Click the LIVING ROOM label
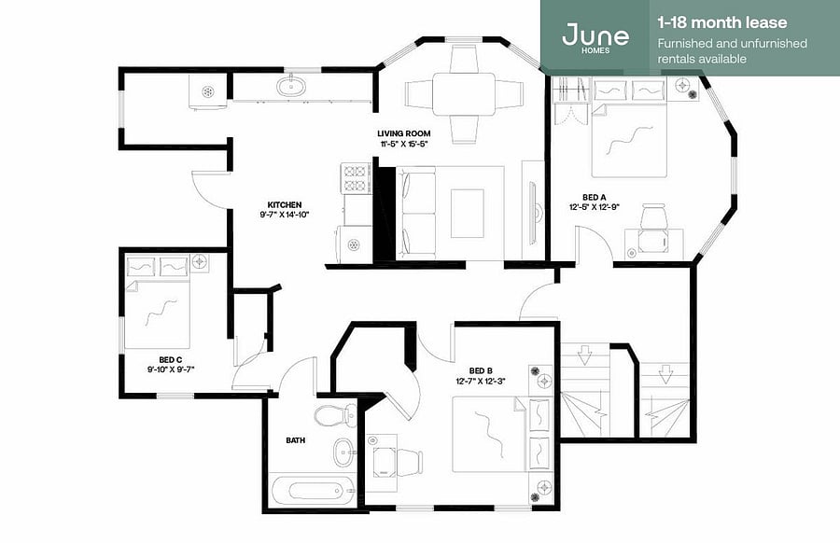click(x=403, y=133)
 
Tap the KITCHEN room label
click(x=285, y=204)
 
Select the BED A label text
click(x=595, y=198)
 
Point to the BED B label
click(x=481, y=370)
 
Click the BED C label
click(x=171, y=360)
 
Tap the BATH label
click(x=295, y=440)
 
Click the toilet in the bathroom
click(x=335, y=414)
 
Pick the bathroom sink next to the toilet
click(x=343, y=452)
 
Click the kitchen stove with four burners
click(x=355, y=178)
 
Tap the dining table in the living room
click(x=464, y=94)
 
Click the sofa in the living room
click(x=415, y=213)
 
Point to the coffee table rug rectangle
click(x=468, y=213)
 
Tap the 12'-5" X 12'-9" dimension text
click(x=595, y=207)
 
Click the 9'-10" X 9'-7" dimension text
click(x=171, y=369)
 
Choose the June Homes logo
click(x=595, y=37)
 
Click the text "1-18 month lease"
click(x=722, y=22)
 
